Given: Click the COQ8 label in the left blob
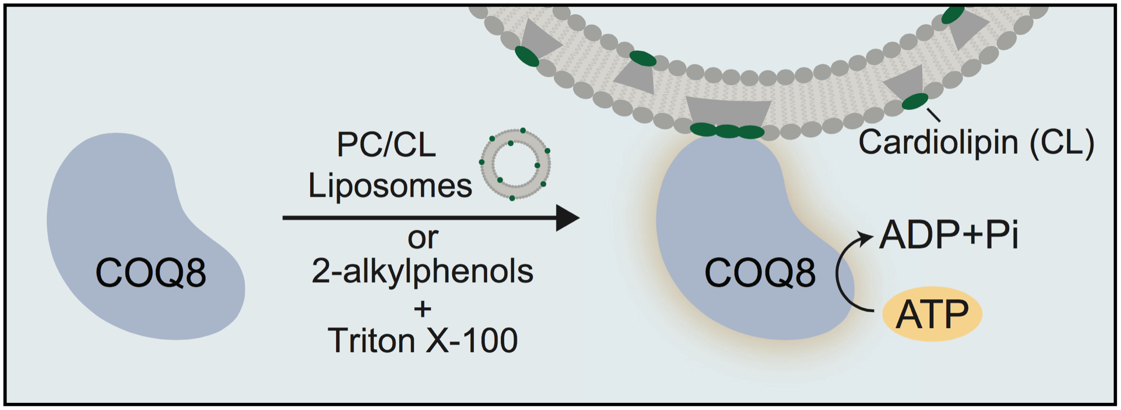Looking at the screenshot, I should tap(151, 273).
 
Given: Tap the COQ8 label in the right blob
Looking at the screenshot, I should tap(760, 273).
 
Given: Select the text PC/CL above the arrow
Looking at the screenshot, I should tap(386, 145).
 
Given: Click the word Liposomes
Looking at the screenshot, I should tap(390, 186).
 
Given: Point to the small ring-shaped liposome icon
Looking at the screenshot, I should tap(515, 164).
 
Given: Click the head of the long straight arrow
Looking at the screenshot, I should tap(568, 218).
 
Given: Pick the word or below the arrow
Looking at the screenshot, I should tap(423, 238).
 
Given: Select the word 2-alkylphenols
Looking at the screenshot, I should tap(422, 271).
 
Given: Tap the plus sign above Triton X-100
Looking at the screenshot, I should tap(422, 309).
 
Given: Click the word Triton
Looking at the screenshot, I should tap(372, 340).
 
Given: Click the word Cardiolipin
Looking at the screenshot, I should tap(938, 142).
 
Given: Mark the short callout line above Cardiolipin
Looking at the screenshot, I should tap(934, 115).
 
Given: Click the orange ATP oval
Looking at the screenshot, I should tap(932, 314).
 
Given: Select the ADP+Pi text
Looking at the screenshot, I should tap(948, 235).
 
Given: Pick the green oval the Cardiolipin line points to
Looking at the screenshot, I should tap(915, 101).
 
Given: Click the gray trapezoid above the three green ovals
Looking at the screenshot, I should tap(728, 111).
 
